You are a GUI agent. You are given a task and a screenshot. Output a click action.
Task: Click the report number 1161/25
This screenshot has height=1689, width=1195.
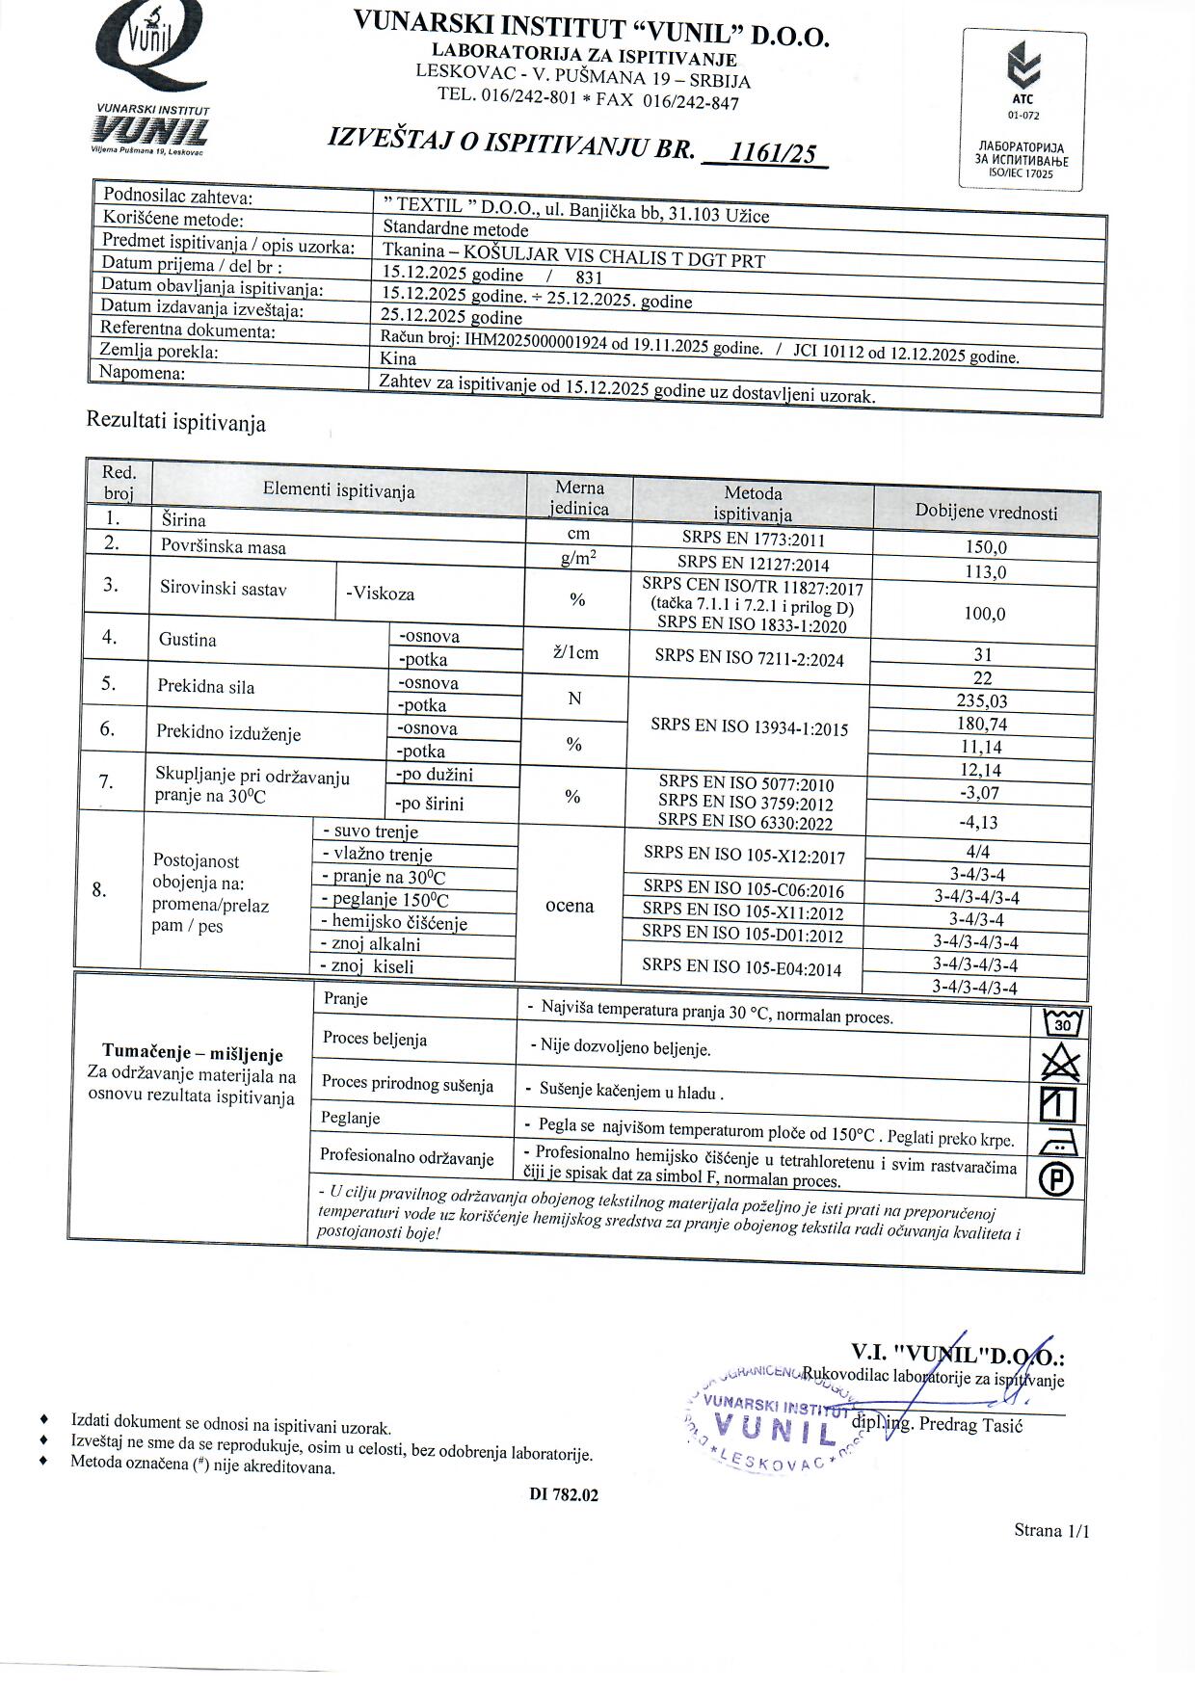[x=773, y=152]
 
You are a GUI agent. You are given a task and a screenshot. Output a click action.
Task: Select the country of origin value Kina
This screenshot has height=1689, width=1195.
[x=399, y=358]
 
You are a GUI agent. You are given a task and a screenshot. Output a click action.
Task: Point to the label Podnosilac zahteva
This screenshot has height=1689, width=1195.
[x=178, y=197]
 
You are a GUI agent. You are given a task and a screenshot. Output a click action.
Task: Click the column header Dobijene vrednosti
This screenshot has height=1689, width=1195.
[x=986, y=513]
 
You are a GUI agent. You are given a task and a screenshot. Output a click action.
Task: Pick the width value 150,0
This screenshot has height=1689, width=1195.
[x=986, y=547]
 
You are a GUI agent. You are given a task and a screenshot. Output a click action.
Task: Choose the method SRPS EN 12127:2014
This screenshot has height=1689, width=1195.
[x=753, y=564]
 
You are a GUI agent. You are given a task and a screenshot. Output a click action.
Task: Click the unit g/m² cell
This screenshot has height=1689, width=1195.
[x=578, y=558]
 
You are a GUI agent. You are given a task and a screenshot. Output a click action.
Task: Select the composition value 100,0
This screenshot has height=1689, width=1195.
[x=985, y=614]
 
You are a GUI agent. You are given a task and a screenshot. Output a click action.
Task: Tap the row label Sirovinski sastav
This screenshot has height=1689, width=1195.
[x=223, y=589]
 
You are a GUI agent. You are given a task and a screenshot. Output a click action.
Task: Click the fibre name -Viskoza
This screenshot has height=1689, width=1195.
[x=380, y=594]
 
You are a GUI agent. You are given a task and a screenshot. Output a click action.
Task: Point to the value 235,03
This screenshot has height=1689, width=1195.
[x=982, y=701]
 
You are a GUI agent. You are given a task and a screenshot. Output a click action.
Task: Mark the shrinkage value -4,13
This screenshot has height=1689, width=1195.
[x=978, y=822]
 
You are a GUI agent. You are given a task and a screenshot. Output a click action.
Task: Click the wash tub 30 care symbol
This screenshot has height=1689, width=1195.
[x=1063, y=1022]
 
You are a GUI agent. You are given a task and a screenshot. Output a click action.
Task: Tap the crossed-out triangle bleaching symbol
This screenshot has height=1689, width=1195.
[x=1061, y=1063]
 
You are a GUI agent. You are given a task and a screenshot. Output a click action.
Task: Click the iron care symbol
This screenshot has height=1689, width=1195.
[x=1059, y=1142]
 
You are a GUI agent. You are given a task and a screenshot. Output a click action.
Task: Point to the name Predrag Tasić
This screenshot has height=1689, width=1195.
[x=970, y=1424]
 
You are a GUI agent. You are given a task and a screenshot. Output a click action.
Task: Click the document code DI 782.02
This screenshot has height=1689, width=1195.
[x=564, y=1494]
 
